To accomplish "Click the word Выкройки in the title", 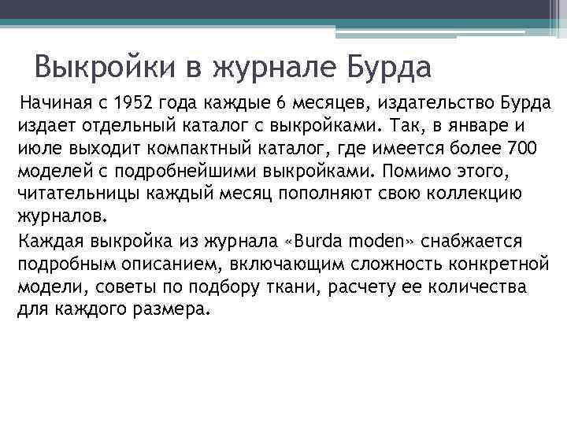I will tap(107, 67).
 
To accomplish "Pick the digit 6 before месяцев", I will tap(281, 104).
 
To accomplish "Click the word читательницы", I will tap(73, 192).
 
